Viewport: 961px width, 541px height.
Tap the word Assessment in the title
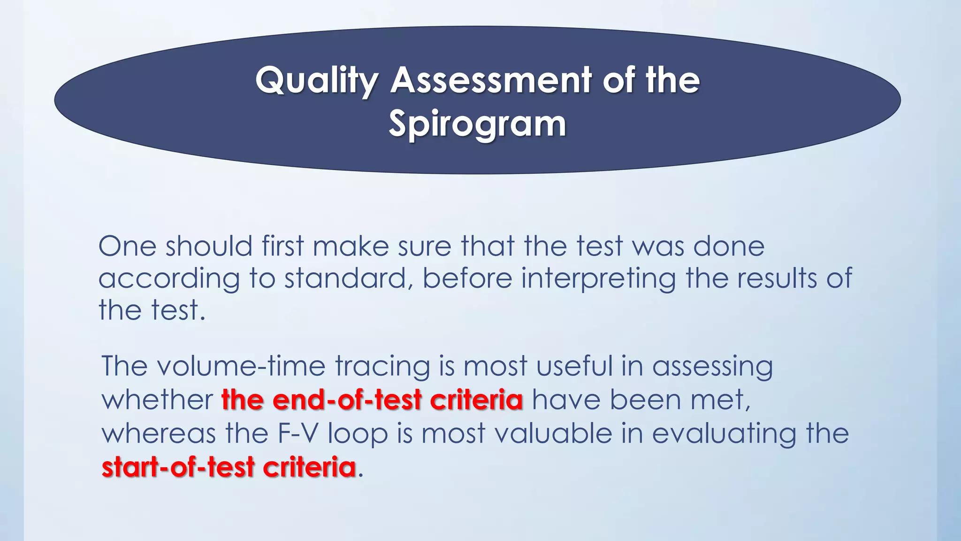coord(490,80)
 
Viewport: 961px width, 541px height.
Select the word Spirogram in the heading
coord(477,125)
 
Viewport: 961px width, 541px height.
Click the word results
coord(777,278)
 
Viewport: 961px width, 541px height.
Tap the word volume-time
coord(241,366)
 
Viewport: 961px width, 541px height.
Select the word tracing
coord(382,367)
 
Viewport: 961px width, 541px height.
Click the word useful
coord(574,366)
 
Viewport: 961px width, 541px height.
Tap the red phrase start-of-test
coord(178,467)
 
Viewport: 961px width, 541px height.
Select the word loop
coord(358,434)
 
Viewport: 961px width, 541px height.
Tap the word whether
coord(157,400)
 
